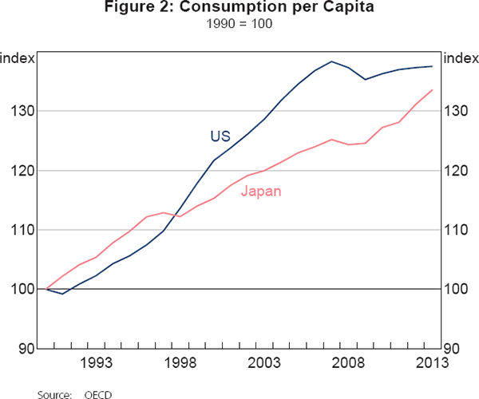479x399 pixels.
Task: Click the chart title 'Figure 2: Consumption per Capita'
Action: click(x=239, y=10)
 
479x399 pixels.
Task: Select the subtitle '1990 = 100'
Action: click(x=239, y=25)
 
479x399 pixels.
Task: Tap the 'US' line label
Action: click(x=220, y=136)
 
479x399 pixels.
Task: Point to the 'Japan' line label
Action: click(x=260, y=192)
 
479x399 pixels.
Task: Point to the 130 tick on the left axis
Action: click(x=24, y=111)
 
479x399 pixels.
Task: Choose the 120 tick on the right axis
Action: click(x=455, y=171)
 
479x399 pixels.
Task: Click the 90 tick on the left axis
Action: click(x=27, y=349)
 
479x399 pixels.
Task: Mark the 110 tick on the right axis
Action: click(x=455, y=230)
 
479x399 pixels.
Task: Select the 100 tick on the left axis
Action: click(x=24, y=289)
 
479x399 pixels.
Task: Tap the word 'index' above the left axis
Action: click(x=17, y=57)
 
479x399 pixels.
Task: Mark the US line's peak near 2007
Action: click(x=332, y=61)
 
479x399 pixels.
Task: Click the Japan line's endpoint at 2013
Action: click(x=433, y=89)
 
